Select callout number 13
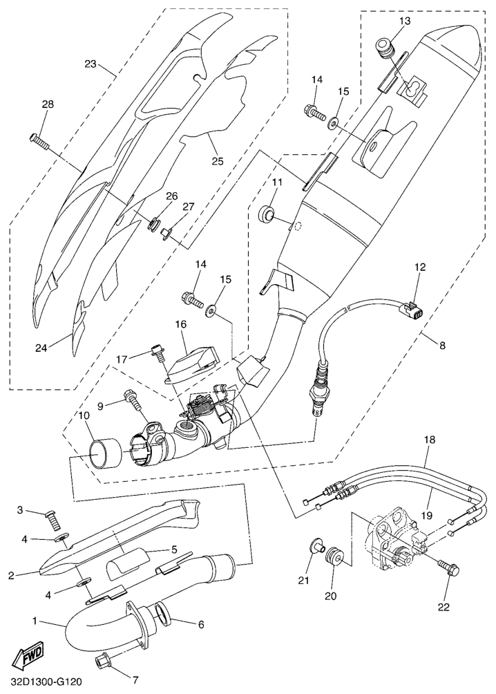(404, 21)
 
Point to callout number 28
(46, 104)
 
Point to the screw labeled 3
(53, 517)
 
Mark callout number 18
(428, 439)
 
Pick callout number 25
(218, 162)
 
